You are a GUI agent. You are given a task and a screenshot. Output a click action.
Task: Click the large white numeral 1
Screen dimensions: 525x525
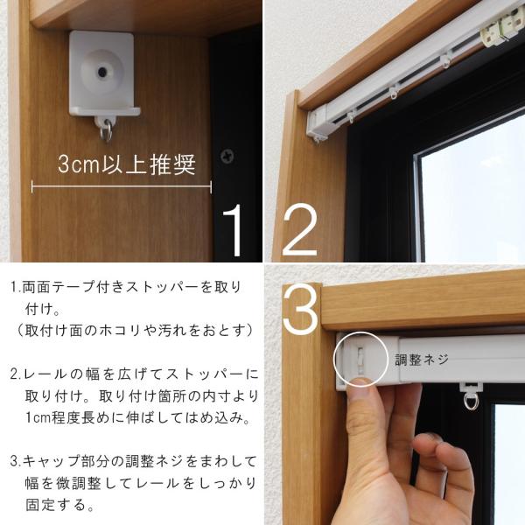234,230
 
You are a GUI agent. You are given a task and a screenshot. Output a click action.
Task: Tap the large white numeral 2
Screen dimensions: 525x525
300,229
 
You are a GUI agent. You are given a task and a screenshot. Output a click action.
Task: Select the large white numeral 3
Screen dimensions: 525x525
300,309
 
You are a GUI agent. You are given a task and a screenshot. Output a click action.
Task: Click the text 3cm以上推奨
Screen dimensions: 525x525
127,164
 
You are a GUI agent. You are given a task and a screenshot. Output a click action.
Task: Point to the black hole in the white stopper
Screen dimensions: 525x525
102,72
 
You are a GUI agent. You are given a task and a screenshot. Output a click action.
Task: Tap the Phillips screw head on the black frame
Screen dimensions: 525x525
227,157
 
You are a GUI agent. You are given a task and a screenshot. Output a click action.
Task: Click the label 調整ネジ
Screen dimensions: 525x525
422,360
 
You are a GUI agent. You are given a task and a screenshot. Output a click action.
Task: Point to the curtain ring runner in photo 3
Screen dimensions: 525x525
472,395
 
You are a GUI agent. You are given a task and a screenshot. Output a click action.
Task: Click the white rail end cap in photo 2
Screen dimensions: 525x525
317,124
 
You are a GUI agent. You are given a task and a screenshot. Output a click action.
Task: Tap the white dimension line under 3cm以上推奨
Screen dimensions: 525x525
122,187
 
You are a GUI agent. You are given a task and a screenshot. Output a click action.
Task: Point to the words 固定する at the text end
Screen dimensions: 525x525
56,505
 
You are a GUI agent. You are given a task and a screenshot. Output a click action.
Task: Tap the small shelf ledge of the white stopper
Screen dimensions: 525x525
105,111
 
